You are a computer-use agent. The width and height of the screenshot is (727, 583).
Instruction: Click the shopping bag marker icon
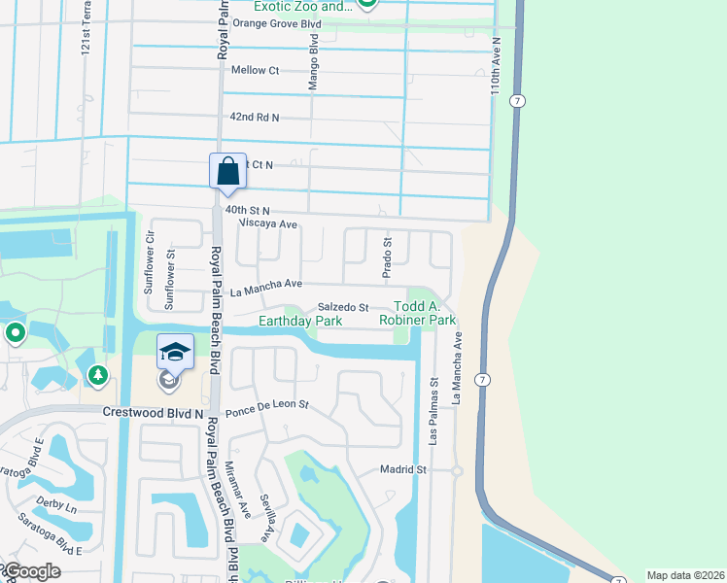226,171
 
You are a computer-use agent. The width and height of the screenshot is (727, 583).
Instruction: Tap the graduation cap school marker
175,352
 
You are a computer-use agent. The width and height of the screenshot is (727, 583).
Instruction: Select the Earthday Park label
300,321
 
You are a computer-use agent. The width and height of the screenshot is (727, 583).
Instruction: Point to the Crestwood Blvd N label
154,413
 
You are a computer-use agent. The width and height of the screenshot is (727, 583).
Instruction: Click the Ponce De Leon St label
266,407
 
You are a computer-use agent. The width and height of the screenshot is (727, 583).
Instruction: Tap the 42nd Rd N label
254,118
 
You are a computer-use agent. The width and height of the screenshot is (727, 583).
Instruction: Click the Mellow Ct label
255,70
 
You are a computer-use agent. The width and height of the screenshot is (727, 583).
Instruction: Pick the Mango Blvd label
314,64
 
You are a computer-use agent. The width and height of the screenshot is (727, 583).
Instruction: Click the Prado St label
387,258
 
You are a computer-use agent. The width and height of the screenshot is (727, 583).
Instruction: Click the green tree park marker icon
97,374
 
